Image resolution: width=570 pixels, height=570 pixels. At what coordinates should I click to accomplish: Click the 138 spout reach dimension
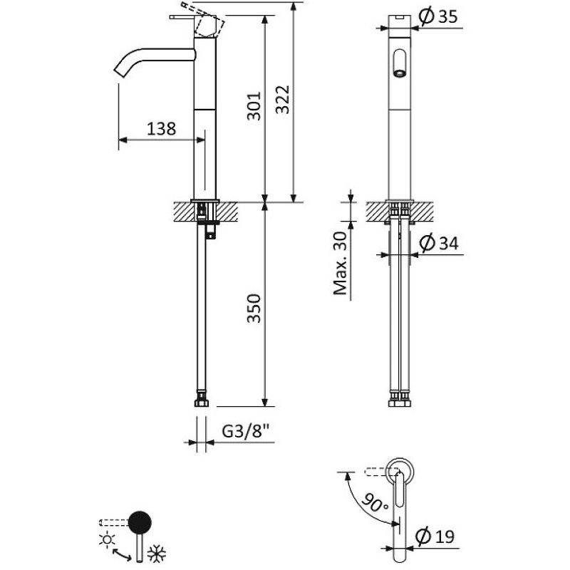pyautogui.click(x=161, y=129)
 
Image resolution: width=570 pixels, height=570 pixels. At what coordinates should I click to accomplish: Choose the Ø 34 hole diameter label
pyautogui.click(x=438, y=244)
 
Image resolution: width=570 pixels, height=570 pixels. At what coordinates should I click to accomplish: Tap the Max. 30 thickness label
pyautogui.click(x=341, y=263)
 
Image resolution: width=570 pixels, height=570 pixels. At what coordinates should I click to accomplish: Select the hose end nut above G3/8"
pyautogui.click(x=202, y=404)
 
